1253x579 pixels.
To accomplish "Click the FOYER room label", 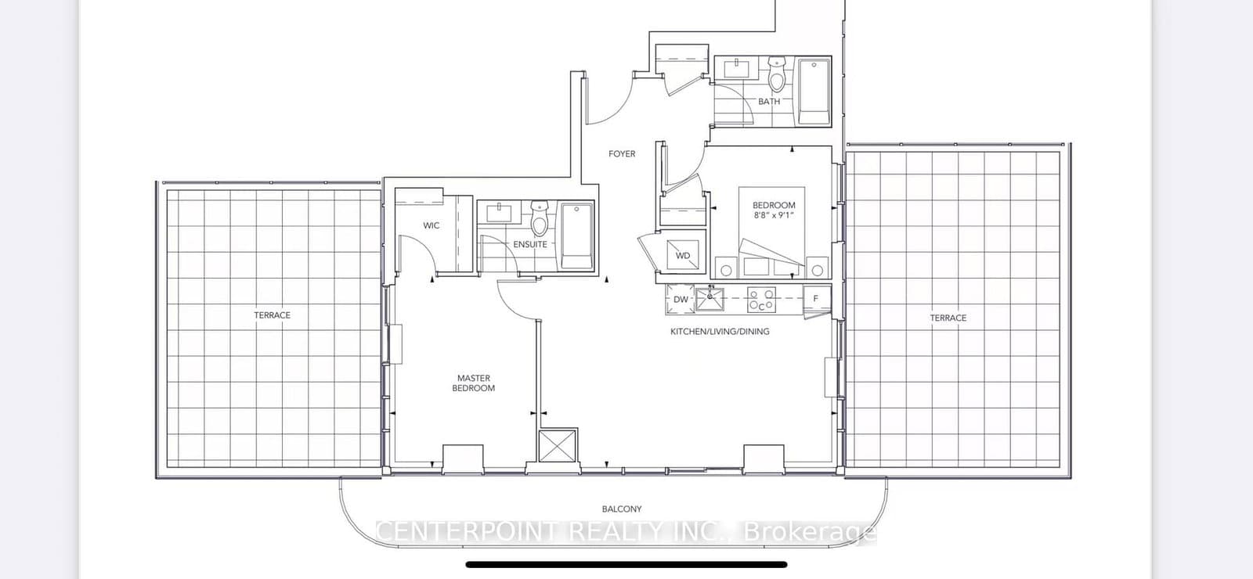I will (622, 154).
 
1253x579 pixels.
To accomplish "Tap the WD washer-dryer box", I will (683, 255).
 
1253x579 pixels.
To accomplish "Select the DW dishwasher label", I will (681, 299).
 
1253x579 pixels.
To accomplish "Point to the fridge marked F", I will (816, 299).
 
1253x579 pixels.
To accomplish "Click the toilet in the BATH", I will (777, 77).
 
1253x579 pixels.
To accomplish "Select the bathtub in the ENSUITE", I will (577, 236).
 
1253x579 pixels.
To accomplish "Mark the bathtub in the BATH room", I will (814, 92).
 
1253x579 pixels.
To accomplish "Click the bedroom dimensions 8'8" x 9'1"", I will (774, 214).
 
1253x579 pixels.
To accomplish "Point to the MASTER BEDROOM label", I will (473, 383).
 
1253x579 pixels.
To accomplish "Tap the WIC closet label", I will (431, 225).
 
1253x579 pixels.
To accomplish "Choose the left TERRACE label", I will (272, 315).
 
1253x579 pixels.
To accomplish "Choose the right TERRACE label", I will (948, 318).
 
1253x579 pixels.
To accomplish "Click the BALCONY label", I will (623, 509).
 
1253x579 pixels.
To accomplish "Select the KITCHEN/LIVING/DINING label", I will (720, 332).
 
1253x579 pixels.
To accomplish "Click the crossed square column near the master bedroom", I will (558, 448).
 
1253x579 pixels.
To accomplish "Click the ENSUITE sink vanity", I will (498, 212).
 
